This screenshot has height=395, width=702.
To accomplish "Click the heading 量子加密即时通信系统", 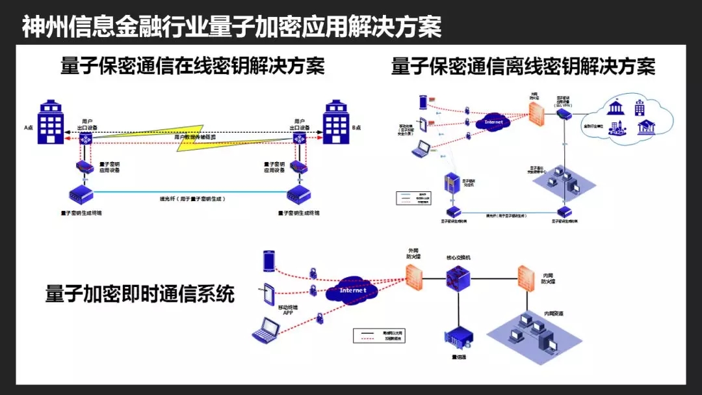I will (140, 293).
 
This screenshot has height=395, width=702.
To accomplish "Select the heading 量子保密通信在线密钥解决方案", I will (192, 66).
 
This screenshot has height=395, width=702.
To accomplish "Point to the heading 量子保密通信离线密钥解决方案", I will (523, 66).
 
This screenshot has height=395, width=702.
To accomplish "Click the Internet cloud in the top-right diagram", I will (494, 122).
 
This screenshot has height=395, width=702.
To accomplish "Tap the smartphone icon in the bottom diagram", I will (269, 261).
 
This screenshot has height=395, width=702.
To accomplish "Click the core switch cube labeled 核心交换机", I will (458, 278).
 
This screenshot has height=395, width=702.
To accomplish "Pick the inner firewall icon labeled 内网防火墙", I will (526, 278).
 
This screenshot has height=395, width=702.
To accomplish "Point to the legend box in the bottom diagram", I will (380, 335).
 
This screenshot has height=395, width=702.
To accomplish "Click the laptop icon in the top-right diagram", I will (423, 148).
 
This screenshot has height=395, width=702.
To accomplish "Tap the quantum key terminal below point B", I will (298, 194).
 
